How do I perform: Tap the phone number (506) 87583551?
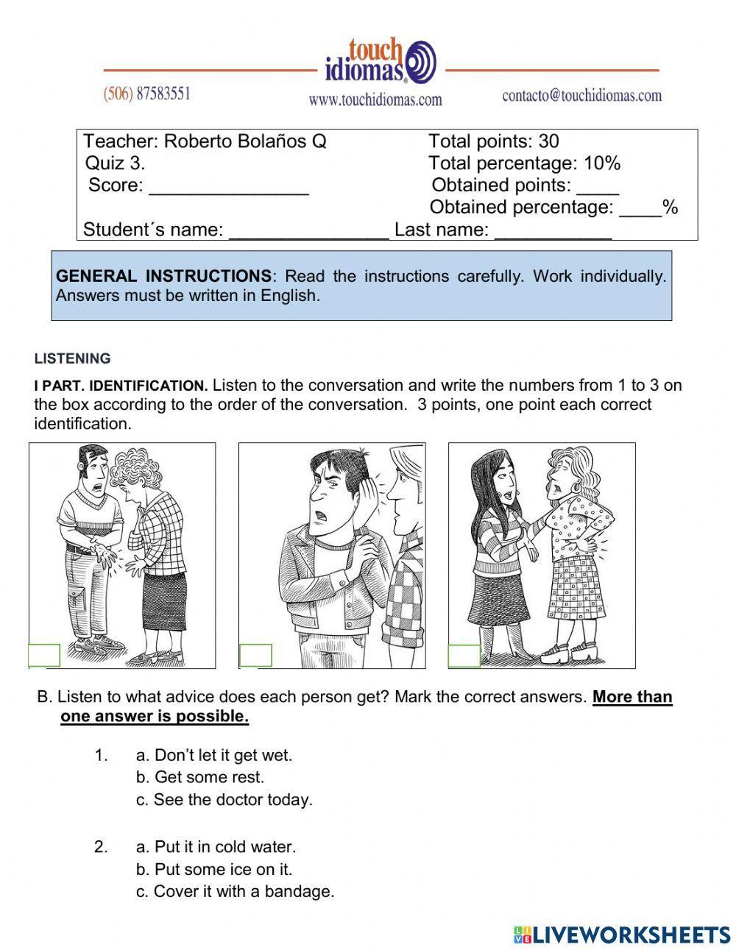pos(146,94)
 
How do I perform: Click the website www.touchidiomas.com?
pos(375,99)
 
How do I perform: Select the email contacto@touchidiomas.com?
pos(581,95)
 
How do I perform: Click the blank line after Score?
pos(228,187)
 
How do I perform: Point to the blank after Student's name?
pos(308,231)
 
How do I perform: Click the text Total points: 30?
pos(493,141)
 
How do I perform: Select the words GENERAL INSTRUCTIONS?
pos(163,277)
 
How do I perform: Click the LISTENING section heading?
pos(72,359)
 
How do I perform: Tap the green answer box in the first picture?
pos(44,656)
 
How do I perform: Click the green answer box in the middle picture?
pos(255,656)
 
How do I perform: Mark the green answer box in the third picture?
pos(464,656)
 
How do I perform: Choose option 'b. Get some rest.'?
pos(199,777)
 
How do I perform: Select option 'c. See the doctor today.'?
pos(224,800)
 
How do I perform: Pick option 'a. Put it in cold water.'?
pos(216,847)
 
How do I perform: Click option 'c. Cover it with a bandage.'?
pos(235,892)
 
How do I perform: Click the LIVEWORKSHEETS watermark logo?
pos(622,935)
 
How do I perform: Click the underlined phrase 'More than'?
pos(632,697)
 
